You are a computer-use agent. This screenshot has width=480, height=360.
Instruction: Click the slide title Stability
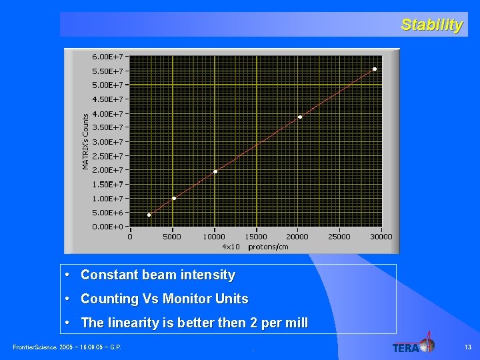coord(431,25)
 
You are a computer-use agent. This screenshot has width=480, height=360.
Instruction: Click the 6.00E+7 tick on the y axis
coord(107,56)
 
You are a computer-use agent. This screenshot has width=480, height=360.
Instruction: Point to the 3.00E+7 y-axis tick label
coord(107,141)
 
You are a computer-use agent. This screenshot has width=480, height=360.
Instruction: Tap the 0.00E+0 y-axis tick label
coord(107,227)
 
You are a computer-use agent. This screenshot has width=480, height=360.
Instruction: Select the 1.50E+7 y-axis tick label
coord(107,184)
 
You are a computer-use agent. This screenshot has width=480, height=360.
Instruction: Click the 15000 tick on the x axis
coord(256,237)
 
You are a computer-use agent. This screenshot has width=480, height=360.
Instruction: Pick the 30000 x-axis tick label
coord(381,237)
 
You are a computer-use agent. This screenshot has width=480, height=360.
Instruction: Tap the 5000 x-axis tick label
coord(172,237)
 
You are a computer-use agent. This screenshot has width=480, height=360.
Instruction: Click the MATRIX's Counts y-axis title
coord(85,140)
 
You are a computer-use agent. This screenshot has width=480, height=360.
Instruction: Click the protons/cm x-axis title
coord(268,247)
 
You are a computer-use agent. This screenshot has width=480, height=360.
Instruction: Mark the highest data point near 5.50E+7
coord(375,69)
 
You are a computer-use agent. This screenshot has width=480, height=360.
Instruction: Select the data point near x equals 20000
coord(300,117)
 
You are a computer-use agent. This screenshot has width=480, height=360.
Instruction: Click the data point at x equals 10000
coord(215,171)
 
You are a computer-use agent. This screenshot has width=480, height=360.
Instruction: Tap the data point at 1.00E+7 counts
coord(174,198)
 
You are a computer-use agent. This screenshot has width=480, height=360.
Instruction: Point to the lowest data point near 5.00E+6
coord(149,215)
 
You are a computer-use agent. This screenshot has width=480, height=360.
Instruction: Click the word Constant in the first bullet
coord(109,275)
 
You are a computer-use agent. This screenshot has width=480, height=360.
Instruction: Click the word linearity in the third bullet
coord(129,323)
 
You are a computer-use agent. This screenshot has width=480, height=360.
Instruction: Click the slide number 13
coord(467,347)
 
